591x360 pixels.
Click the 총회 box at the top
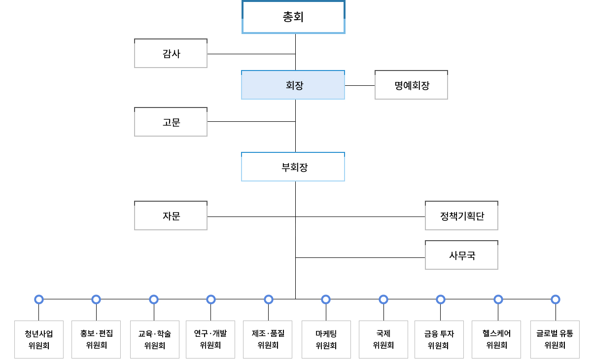coord(293,17)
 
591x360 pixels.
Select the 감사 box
coord(171,53)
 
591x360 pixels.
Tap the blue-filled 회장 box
coord(293,85)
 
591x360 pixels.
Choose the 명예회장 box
coord(411,85)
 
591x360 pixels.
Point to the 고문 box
coord(171,122)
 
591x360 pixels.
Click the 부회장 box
coord(293,167)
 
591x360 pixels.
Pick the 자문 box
coord(171,216)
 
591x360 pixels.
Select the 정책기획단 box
coord(461,216)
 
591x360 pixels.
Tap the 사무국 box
coord(461,255)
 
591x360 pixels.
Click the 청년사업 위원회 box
coord(39,339)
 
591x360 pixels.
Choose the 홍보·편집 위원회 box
coord(96,339)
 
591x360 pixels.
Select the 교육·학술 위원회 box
coord(154,339)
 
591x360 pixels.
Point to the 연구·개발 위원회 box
coord(210,339)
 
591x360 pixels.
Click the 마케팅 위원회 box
coord(326,339)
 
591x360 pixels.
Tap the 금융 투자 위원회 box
coord(441,339)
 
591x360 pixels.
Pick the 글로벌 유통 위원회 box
coord(555,339)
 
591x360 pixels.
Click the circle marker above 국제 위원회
coord(383,299)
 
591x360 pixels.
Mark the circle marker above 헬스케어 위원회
coord(498,299)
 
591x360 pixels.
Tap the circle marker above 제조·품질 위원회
coord(269,299)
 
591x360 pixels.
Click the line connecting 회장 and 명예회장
coord(360,85)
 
